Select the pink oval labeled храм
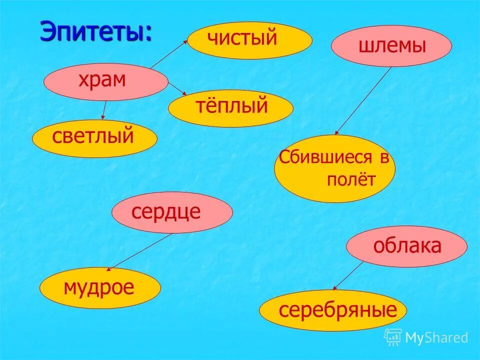[x=106, y=81]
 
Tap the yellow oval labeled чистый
[x=249, y=40]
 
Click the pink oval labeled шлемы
[x=391, y=46]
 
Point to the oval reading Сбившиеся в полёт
[x=334, y=168]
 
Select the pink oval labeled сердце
[x=172, y=212]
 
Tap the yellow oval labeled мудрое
[x=100, y=288]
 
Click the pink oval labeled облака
[x=406, y=246]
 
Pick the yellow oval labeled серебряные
[x=332, y=310]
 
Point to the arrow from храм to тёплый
[x=177, y=89]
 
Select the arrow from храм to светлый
[x=104, y=110]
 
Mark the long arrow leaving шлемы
[x=363, y=100]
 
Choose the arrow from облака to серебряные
[x=348, y=275]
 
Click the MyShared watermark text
[x=436, y=338]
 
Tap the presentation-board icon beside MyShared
[x=393, y=337]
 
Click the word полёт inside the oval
[x=350, y=180]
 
